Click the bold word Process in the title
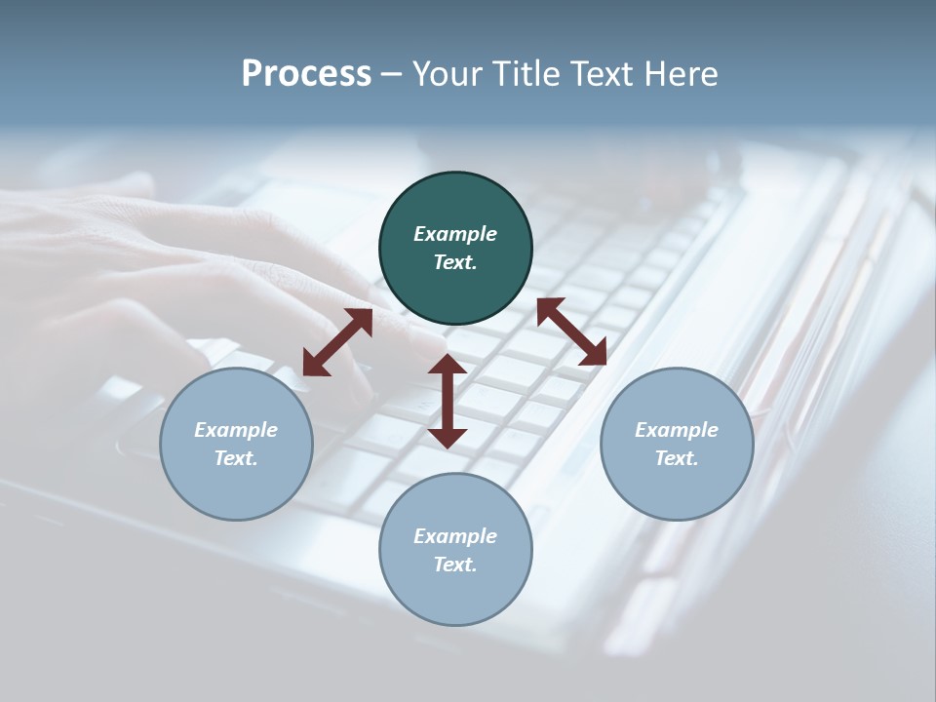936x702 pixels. pos(306,74)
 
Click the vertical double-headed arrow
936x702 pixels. pos(448,401)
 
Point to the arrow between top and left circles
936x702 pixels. pos(337,342)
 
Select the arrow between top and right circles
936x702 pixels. pos(572,331)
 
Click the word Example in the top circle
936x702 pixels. pos(455,234)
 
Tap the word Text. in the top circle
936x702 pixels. pos(455,262)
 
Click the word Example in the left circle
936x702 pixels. pos(236,430)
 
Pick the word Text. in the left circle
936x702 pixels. pos(236,458)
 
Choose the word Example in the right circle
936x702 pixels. pos(677,430)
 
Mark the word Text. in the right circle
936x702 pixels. pos(677,458)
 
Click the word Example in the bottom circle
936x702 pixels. pos(455,536)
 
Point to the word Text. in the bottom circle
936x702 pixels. pos(455,565)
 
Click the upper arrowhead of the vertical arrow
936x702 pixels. pos(448,365)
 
